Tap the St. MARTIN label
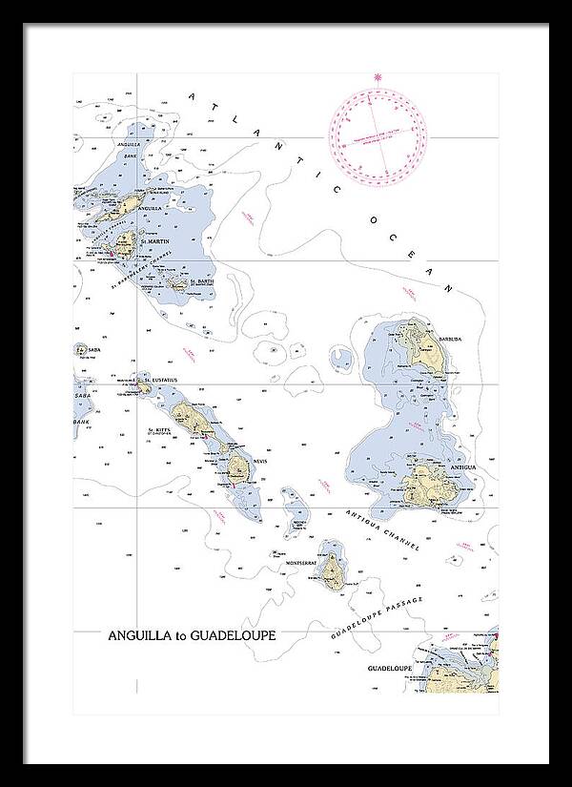pos(154,242)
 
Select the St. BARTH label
pos(202,281)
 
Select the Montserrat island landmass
pos(332,570)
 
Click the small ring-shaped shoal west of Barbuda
pos(340,360)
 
